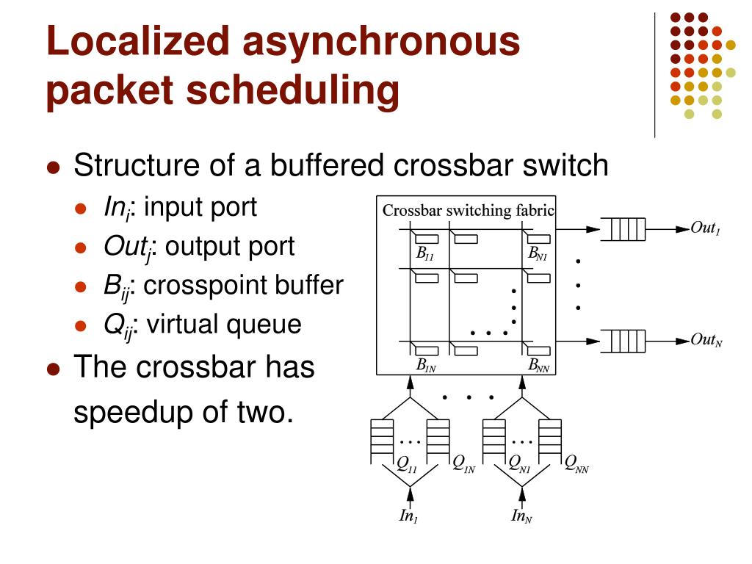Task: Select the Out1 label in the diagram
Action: click(x=705, y=228)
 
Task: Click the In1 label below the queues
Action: click(x=408, y=516)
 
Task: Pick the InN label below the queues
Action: click(x=521, y=517)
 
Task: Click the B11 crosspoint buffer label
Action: click(x=424, y=255)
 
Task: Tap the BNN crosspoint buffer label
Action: click(x=538, y=365)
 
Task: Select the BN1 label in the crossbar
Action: click(x=538, y=255)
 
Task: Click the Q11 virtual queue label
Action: click(x=407, y=464)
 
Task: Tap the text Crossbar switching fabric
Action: click(x=468, y=211)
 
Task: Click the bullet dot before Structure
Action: click(x=53, y=167)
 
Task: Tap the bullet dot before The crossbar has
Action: click(x=53, y=368)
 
